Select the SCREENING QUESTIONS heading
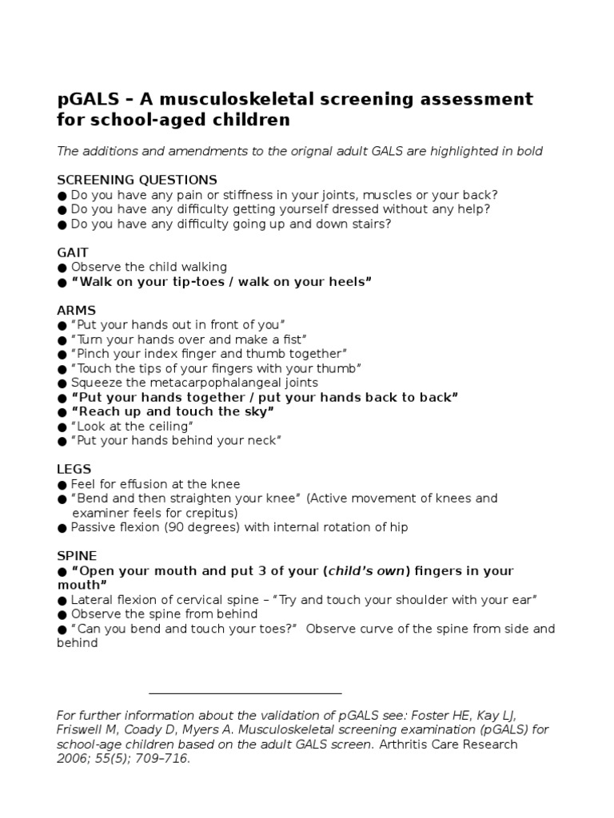[x=137, y=180]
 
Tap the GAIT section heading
[x=72, y=252]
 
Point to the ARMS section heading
[x=76, y=310]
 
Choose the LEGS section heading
[x=74, y=469]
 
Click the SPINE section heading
[x=77, y=555]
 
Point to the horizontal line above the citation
[x=245, y=693]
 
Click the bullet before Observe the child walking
[x=62, y=268]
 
